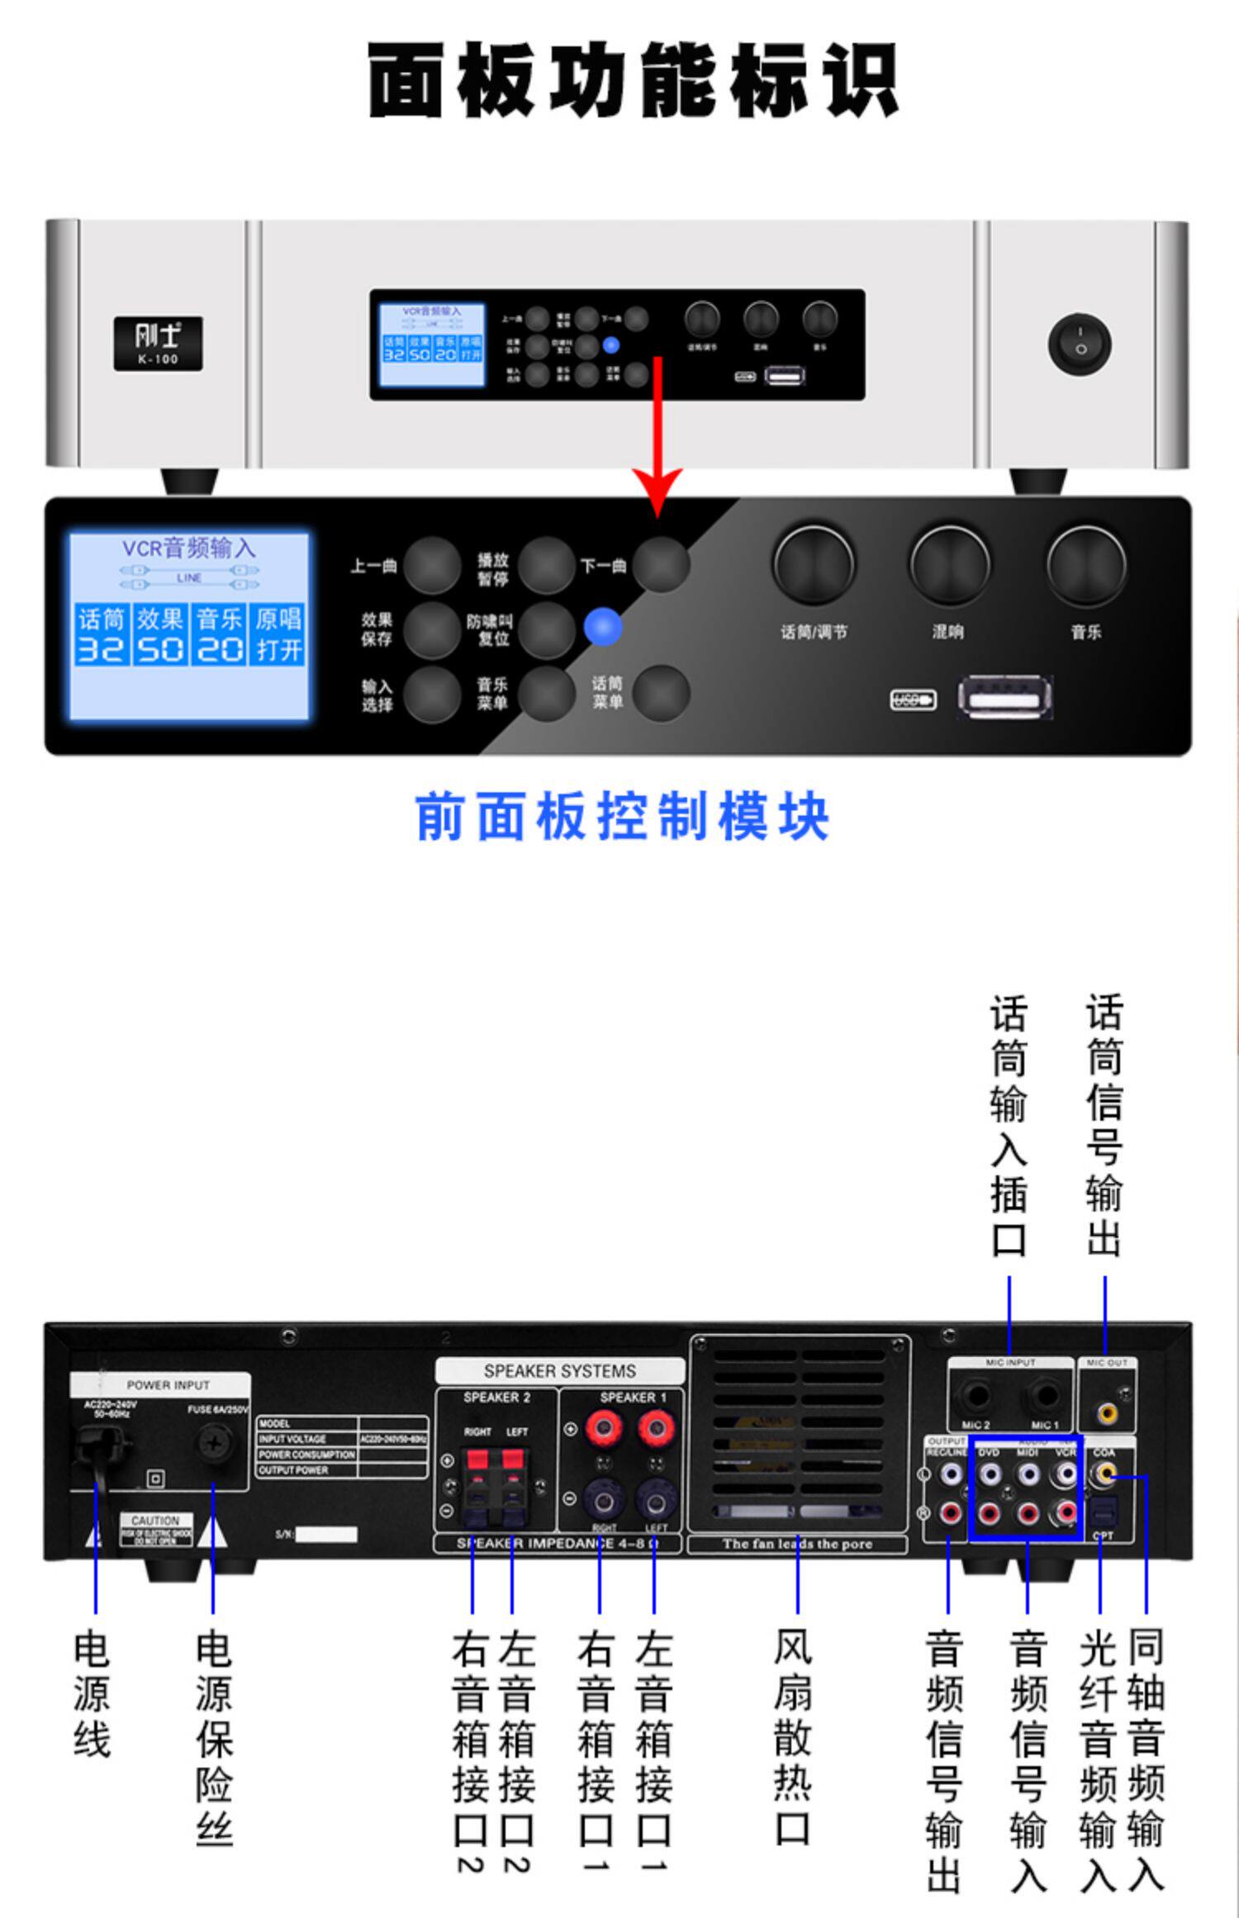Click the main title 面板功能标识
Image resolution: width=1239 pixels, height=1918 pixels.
pos(632,81)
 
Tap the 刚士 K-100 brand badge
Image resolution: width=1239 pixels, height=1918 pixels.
pos(158,343)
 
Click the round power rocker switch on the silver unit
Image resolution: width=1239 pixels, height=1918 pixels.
pos(1080,343)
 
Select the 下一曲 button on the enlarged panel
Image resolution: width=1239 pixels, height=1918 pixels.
pos(662,565)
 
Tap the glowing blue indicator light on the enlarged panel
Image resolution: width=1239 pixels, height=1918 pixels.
pos(603,628)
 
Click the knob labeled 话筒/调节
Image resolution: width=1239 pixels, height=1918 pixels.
pos(814,565)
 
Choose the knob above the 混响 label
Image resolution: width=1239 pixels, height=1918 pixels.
pos(949,565)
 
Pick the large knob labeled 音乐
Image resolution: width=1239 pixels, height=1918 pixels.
pos(1085,565)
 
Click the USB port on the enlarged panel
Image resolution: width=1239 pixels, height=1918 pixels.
pos(1004,699)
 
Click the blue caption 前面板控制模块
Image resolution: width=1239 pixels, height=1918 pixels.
pos(621,816)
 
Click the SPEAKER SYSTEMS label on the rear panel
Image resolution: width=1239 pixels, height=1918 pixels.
pos(559,1371)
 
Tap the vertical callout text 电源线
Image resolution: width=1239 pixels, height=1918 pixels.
pos(92,1693)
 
